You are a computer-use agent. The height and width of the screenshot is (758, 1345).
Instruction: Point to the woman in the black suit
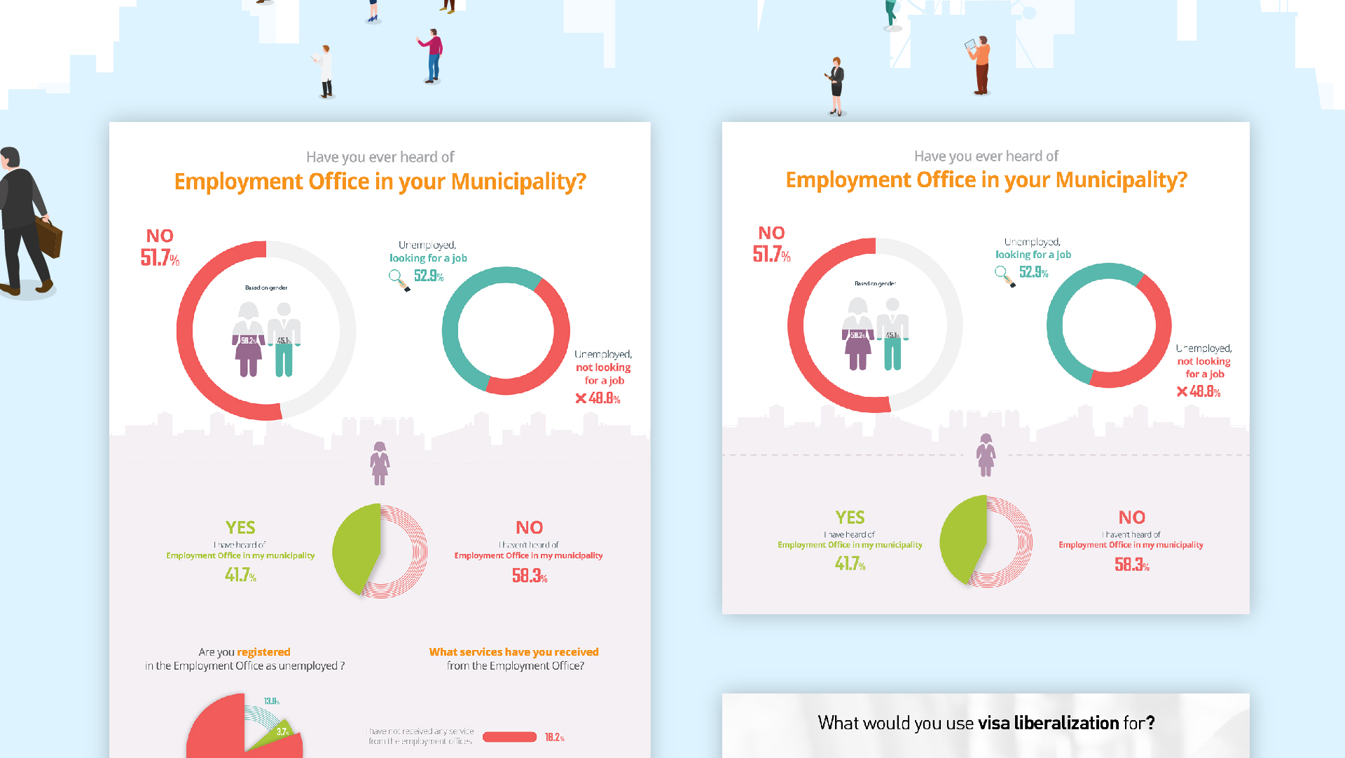coord(836,85)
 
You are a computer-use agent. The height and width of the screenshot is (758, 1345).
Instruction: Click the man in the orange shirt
coord(981,65)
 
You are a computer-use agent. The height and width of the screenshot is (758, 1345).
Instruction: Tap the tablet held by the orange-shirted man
coord(970,45)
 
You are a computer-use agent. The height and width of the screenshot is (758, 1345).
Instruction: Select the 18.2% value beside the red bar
coord(554,737)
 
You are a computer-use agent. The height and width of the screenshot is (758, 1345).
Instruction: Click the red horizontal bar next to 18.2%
coord(509,737)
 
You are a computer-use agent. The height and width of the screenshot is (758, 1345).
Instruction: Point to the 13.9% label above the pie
coord(272,701)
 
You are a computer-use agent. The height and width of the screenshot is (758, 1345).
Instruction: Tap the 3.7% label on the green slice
coord(282,731)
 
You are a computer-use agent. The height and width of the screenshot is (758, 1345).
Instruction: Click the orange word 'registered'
coord(263,652)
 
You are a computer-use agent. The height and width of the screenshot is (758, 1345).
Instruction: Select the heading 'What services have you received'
coord(513,652)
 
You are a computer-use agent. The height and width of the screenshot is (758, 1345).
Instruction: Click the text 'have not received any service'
coord(421,731)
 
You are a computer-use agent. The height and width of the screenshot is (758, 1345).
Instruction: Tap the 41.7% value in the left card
coord(240,576)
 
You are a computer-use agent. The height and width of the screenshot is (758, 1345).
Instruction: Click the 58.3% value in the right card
coord(1131,564)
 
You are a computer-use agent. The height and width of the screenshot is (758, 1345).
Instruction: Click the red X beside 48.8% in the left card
coord(581,398)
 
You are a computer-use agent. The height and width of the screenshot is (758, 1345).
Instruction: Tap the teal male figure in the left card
coord(284,339)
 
